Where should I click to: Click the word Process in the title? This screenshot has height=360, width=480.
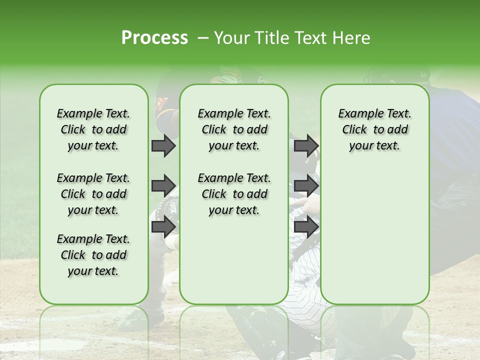(x=154, y=38)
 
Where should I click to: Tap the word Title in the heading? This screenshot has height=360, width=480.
(x=270, y=38)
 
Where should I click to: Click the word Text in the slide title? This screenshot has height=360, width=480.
(x=309, y=38)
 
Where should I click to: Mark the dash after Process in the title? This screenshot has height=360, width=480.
(x=202, y=38)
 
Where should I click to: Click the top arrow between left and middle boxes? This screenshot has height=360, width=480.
(x=163, y=145)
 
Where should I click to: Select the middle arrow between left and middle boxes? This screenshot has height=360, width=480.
(x=163, y=186)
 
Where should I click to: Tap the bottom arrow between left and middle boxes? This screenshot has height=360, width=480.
(x=163, y=226)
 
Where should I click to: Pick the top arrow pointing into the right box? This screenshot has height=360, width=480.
(x=306, y=145)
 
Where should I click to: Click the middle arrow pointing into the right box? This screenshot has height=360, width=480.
(x=306, y=186)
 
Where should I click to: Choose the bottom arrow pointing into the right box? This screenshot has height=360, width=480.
(x=306, y=226)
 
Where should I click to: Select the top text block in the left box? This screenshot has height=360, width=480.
(x=93, y=129)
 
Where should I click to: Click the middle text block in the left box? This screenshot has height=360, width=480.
(x=93, y=194)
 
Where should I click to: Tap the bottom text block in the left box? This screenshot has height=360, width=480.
(x=93, y=255)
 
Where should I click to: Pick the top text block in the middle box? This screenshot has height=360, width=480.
(x=234, y=129)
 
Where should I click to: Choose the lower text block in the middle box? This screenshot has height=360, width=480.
(x=234, y=194)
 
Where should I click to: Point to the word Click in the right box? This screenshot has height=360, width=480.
(x=354, y=129)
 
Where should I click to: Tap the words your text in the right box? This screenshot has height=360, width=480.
(x=374, y=146)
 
